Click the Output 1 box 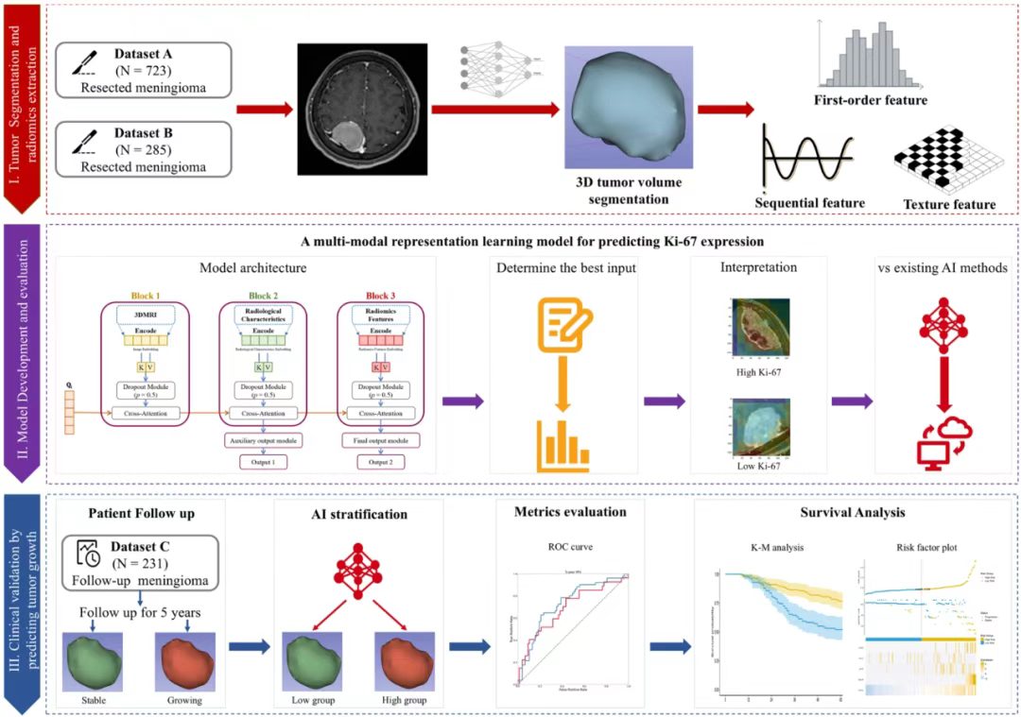pyautogui.click(x=256, y=462)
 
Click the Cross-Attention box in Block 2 pyautogui.click(x=257, y=413)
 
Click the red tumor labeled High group pyautogui.click(x=400, y=662)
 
